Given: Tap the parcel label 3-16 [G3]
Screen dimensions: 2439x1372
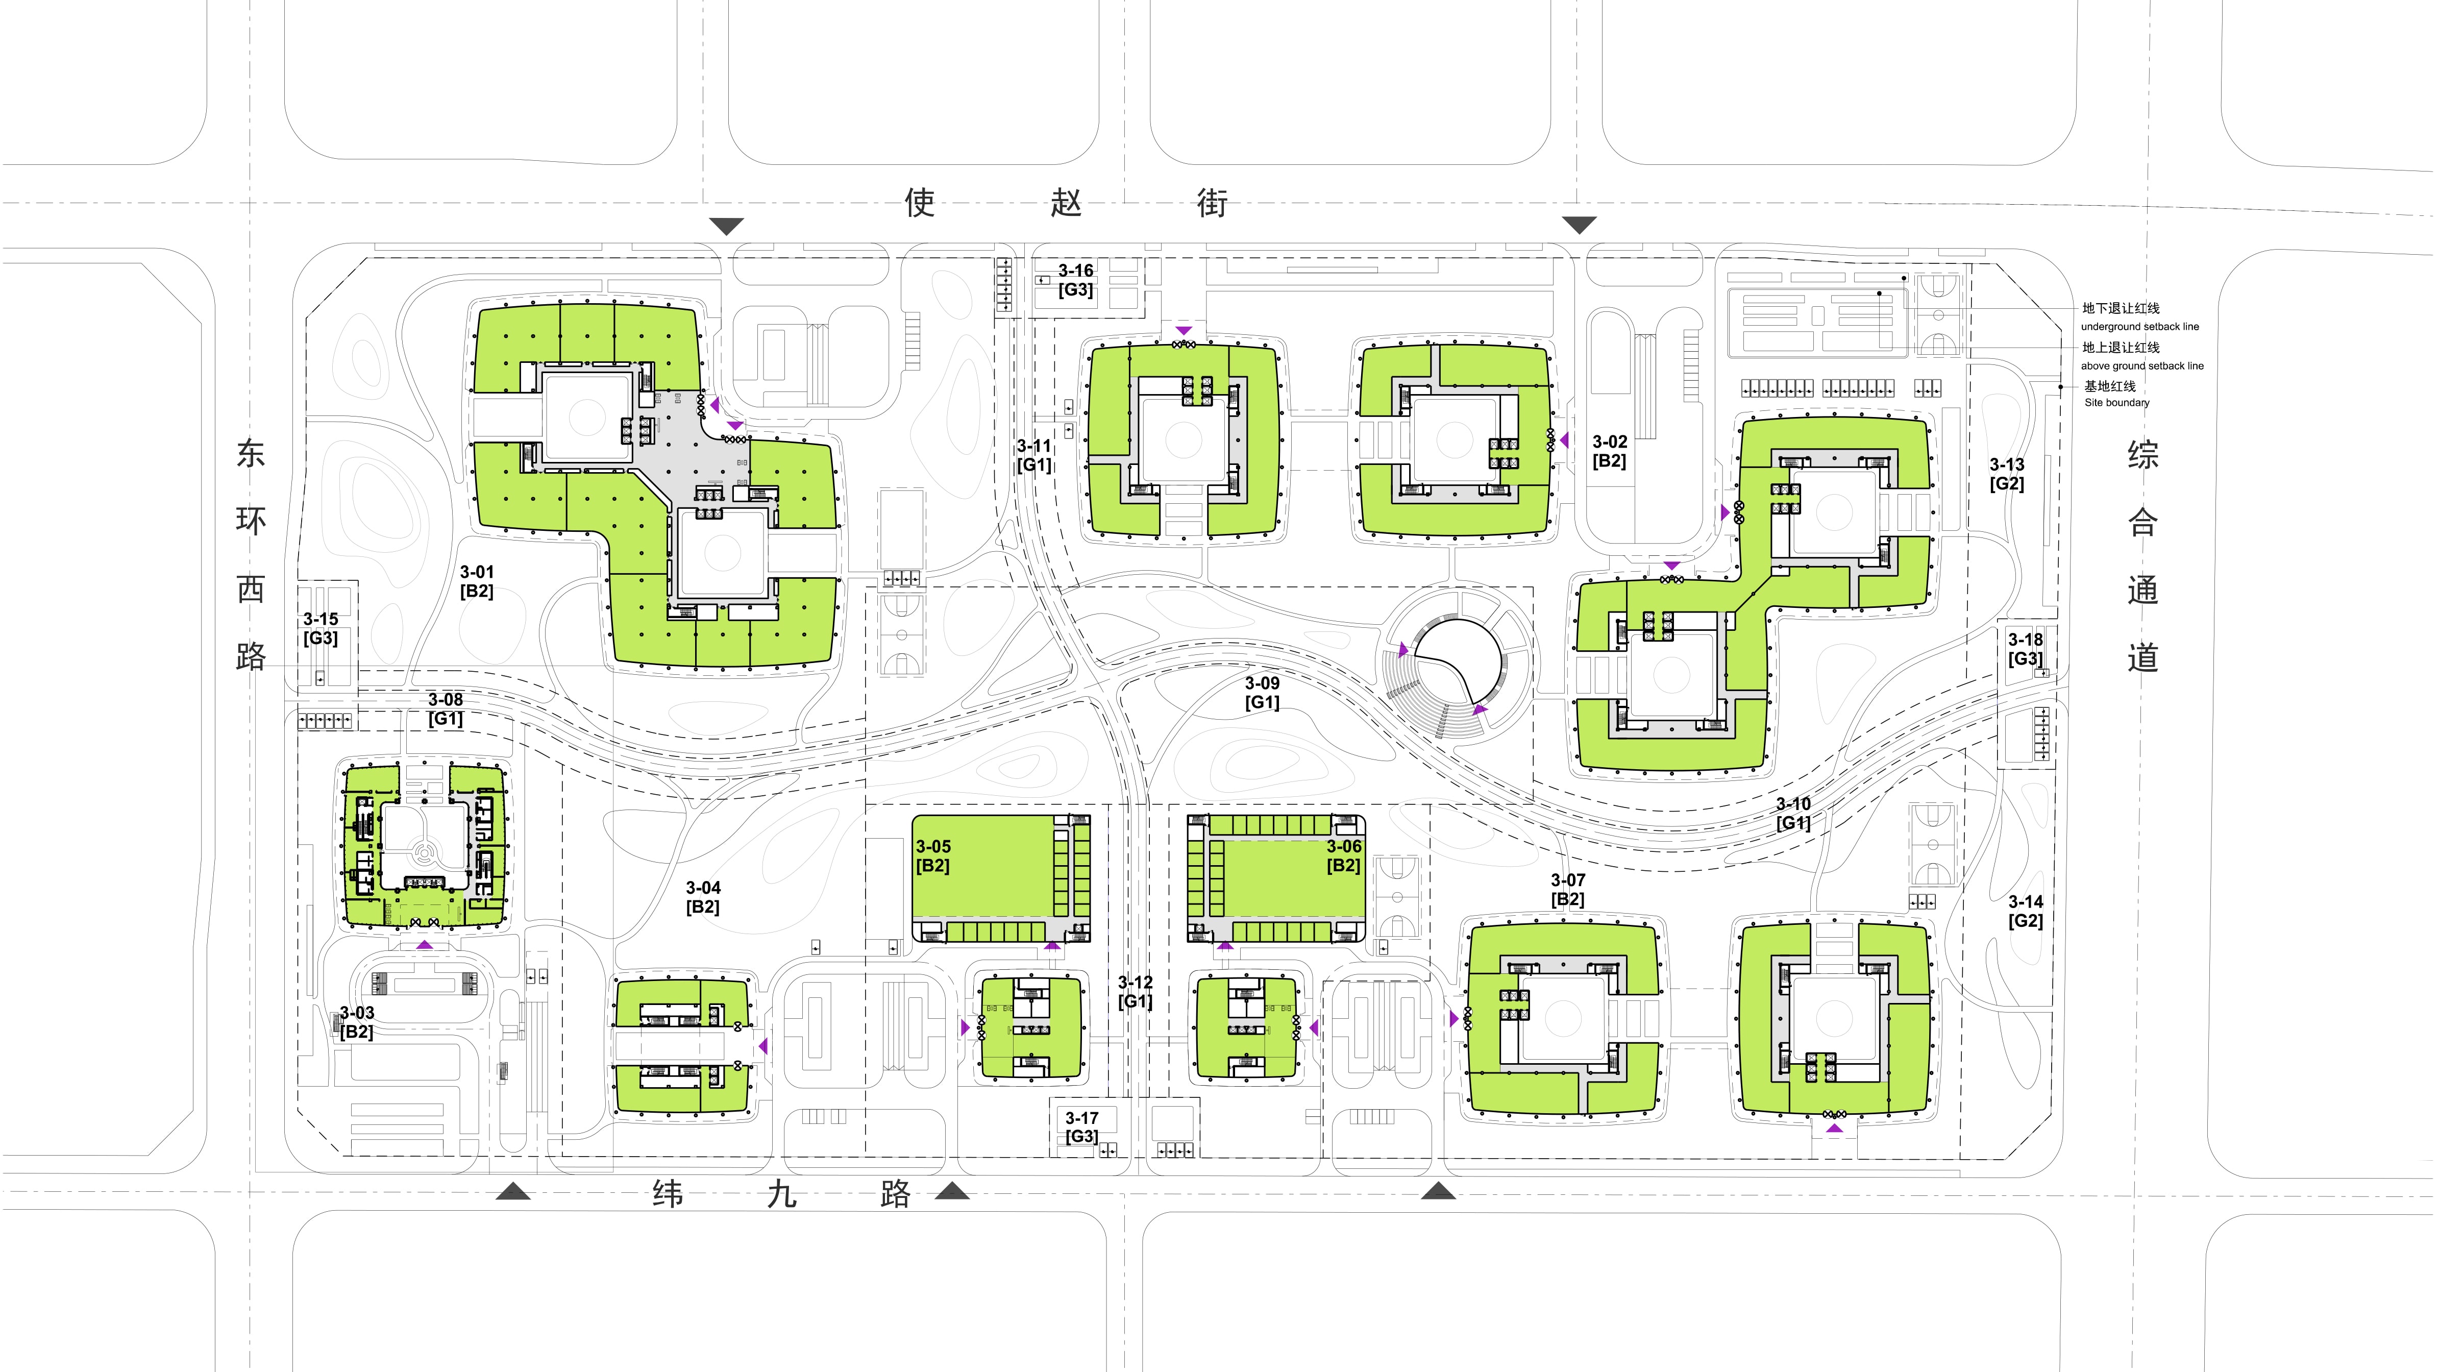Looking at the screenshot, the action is [1076, 280].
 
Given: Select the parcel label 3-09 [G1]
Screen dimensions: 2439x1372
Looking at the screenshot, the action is [1262, 692].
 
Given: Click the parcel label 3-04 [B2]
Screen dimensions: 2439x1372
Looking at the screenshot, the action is [703, 897].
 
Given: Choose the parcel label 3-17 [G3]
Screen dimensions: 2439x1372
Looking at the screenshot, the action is [1081, 1127].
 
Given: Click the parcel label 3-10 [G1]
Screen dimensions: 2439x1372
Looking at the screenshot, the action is [1793, 813].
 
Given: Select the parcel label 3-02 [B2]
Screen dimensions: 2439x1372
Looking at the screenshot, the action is [1610, 451].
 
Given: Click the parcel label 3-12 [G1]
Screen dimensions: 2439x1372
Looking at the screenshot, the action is [1135, 991].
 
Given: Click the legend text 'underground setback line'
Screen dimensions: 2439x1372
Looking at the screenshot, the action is [2140, 327].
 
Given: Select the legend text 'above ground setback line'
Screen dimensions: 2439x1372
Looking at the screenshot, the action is [2141, 365].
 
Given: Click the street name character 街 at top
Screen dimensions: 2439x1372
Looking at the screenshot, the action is [1212, 203].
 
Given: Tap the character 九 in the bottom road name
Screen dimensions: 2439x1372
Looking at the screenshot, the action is [781, 1194].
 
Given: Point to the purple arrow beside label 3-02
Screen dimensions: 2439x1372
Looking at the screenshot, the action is [1564, 440].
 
